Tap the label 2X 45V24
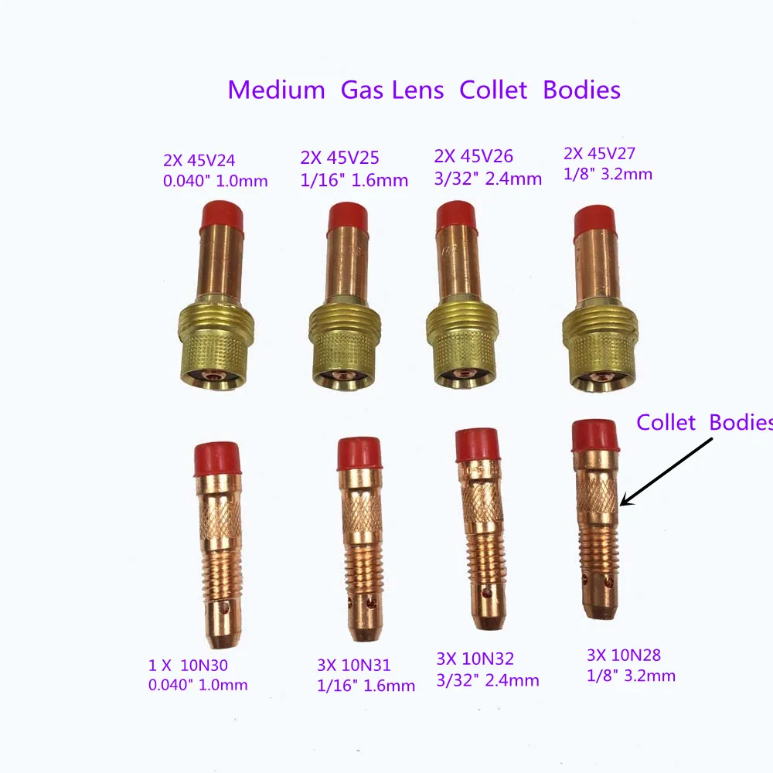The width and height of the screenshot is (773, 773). [x=199, y=161]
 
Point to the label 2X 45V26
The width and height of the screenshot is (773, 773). [x=475, y=156]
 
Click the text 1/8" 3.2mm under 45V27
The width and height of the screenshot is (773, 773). [x=607, y=174]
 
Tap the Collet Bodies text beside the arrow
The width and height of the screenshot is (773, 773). [x=703, y=423]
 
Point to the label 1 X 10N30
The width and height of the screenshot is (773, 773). [x=188, y=665]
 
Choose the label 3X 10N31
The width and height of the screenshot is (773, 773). [x=354, y=665]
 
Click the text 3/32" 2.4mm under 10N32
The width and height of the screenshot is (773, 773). [x=488, y=680]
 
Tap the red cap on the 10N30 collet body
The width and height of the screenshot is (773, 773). [x=217, y=458]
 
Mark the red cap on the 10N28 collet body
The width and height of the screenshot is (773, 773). [x=594, y=436]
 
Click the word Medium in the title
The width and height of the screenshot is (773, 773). [x=277, y=90]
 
